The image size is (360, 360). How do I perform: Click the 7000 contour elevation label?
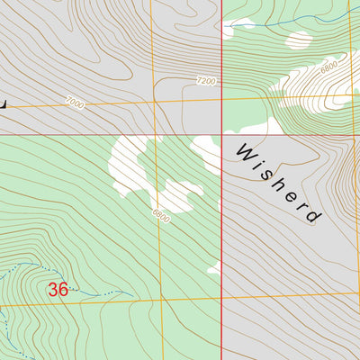[x=75, y=104]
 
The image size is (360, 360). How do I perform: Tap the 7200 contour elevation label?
[x=206, y=81]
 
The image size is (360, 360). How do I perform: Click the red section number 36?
[x=58, y=290]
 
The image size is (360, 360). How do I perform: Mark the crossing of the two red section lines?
[x=222, y=136]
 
